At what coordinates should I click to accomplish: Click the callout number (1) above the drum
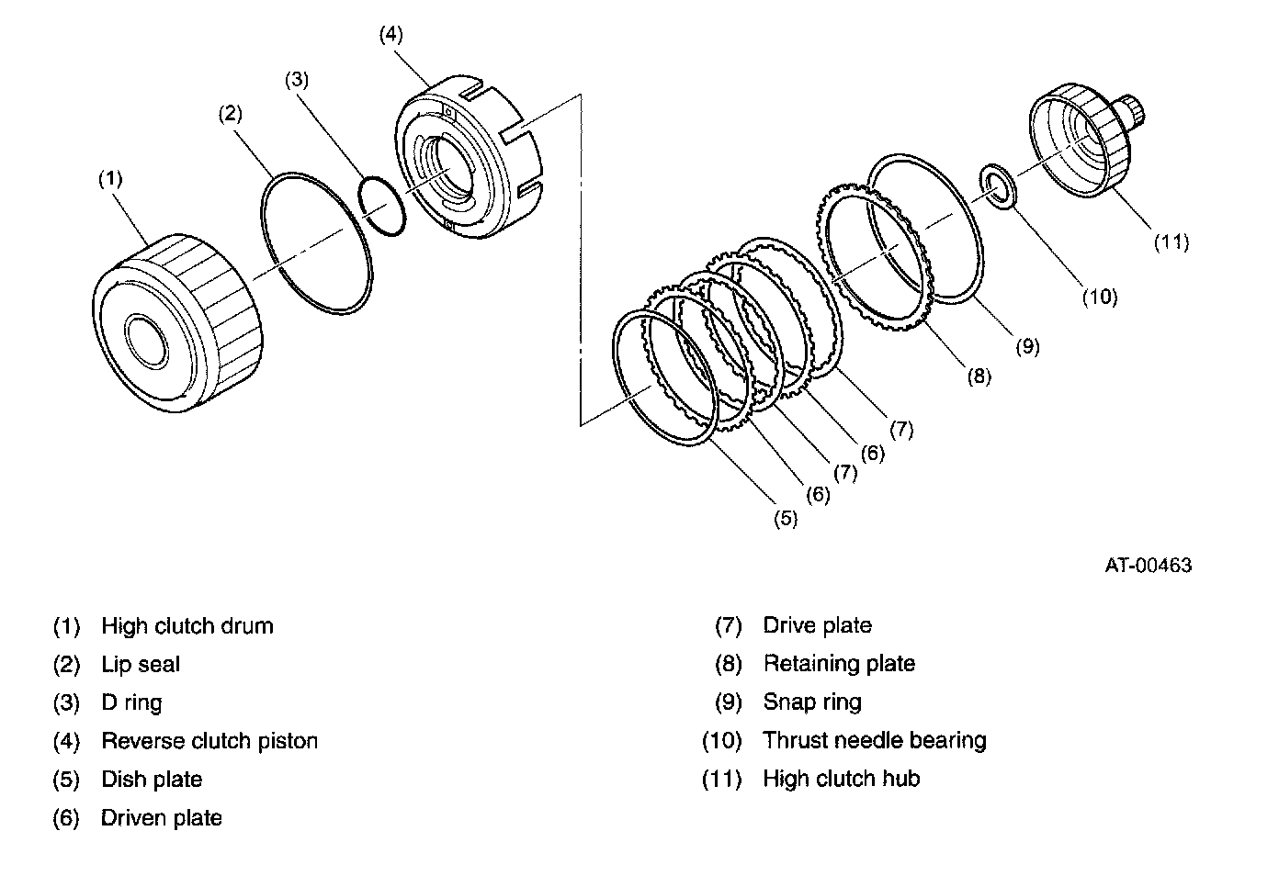tap(111, 179)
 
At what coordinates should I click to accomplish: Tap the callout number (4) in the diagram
tap(391, 35)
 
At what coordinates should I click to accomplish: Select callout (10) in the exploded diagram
tap(1100, 298)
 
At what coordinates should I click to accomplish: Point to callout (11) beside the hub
tap(1171, 242)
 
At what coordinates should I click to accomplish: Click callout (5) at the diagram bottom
tap(786, 519)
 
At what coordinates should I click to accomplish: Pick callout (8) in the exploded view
tap(979, 376)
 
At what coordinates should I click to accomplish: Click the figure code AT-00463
tap(1149, 566)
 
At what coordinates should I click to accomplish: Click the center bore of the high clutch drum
tap(146, 340)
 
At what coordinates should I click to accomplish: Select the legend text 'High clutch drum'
tap(187, 626)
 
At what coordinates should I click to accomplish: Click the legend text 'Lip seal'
tap(141, 665)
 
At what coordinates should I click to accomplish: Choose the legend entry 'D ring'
tap(131, 703)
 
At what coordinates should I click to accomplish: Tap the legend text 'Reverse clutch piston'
tap(209, 741)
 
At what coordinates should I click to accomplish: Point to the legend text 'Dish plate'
tap(152, 780)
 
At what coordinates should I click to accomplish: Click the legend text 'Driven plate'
tap(162, 818)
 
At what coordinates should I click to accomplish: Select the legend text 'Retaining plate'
tap(840, 664)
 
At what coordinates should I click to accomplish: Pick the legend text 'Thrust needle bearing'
tap(875, 740)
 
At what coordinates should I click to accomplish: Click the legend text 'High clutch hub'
tap(842, 779)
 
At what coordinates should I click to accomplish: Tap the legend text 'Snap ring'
tap(812, 702)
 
